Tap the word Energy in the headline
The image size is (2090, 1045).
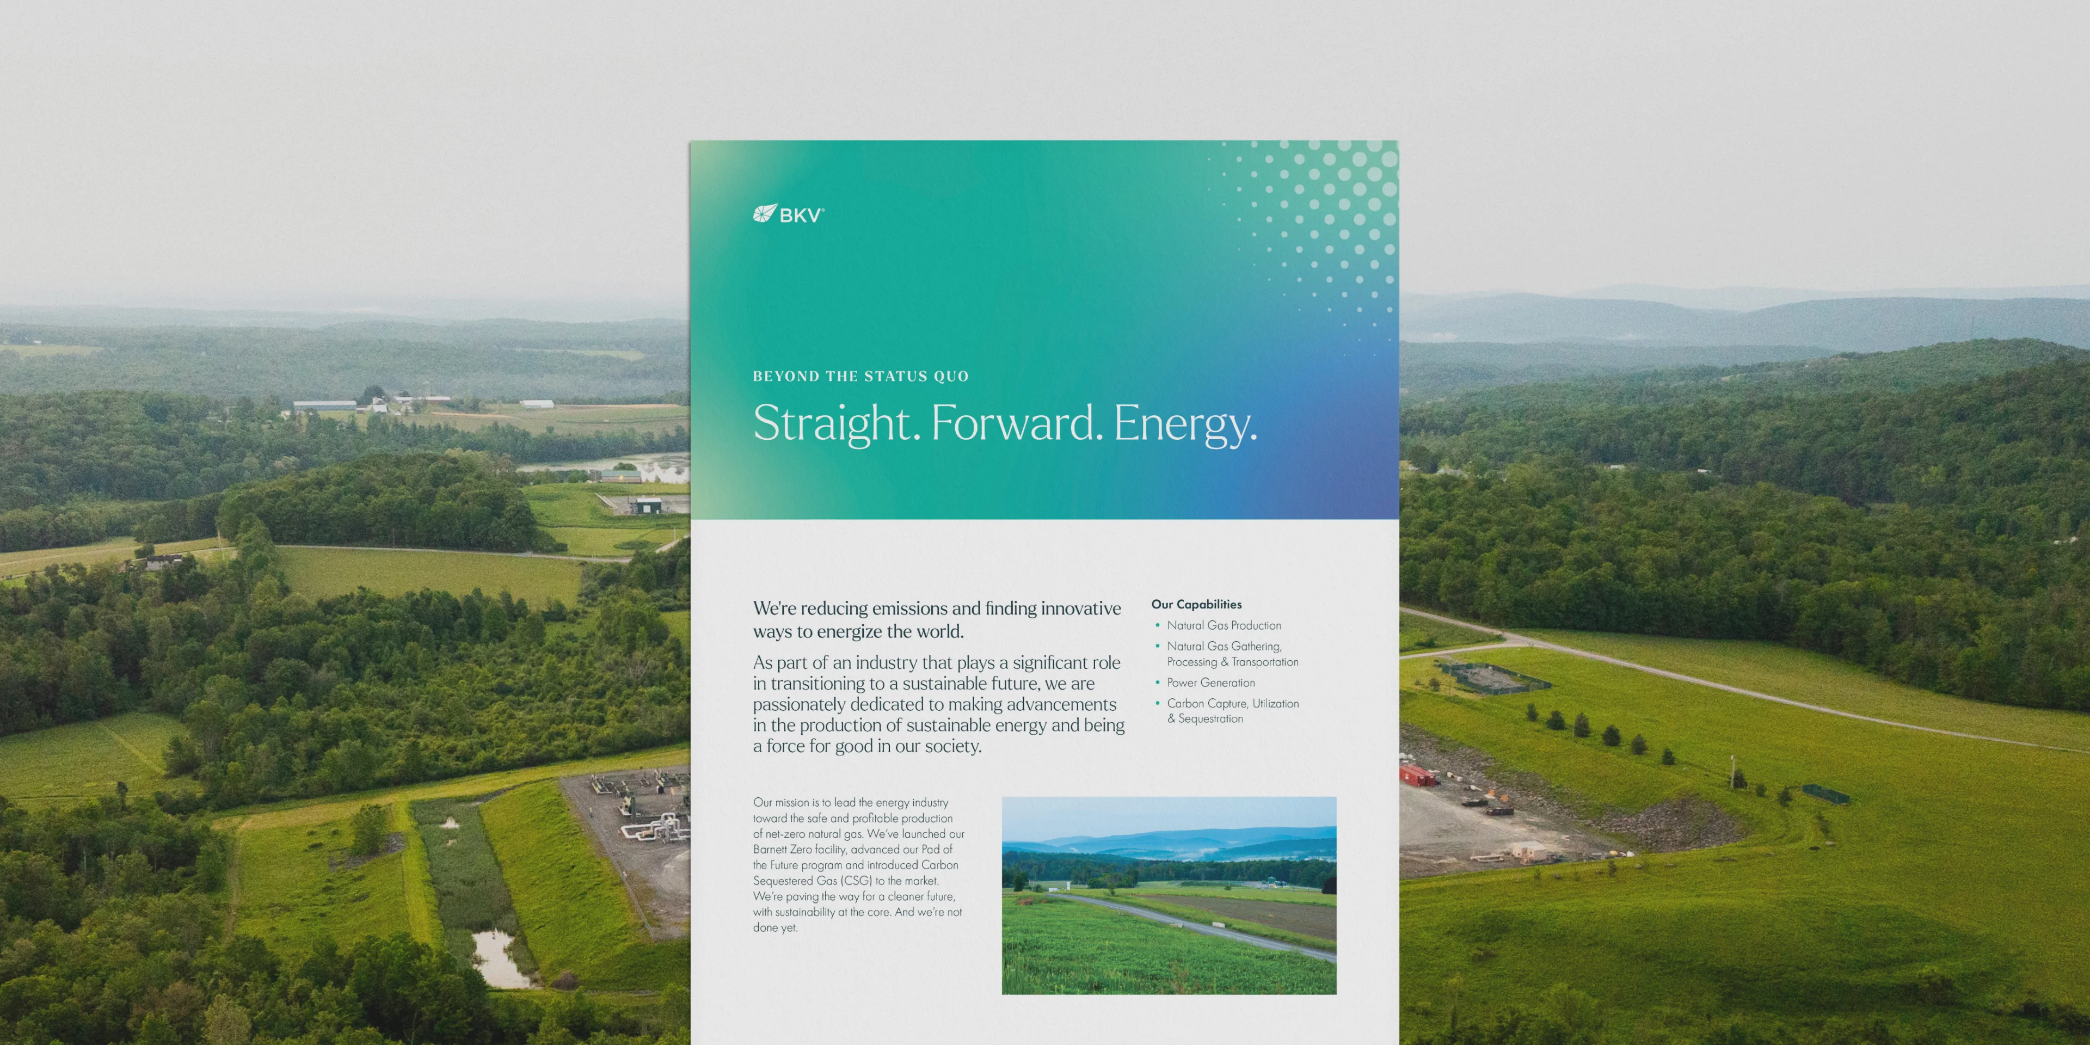(x=1184, y=423)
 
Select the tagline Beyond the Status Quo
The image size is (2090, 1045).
(x=861, y=377)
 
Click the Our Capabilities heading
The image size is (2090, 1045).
(x=1196, y=605)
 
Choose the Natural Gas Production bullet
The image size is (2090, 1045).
(x=1224, y=625)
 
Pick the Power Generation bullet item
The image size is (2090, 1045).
(x=1210, y=683)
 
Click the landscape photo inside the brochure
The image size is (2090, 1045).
(x=1169, y=896)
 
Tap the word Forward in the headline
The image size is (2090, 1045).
(x=1017, y=423)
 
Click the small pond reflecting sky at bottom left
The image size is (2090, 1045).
(x=501, y=959)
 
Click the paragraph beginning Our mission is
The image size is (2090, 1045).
(x=858, y=865)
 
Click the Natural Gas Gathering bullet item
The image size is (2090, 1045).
(x=1232, y=654)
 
